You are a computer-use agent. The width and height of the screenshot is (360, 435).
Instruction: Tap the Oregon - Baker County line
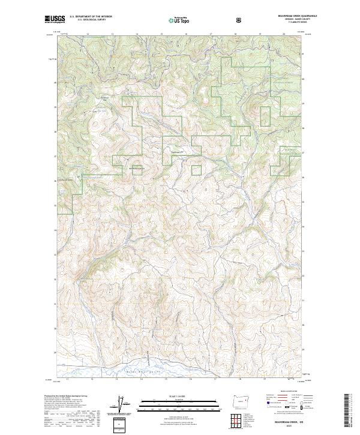[x=294, y=20]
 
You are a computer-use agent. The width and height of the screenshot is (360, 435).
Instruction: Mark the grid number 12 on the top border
[x=88, y=34]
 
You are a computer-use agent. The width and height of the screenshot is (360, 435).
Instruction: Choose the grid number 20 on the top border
[x=283, y=34]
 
